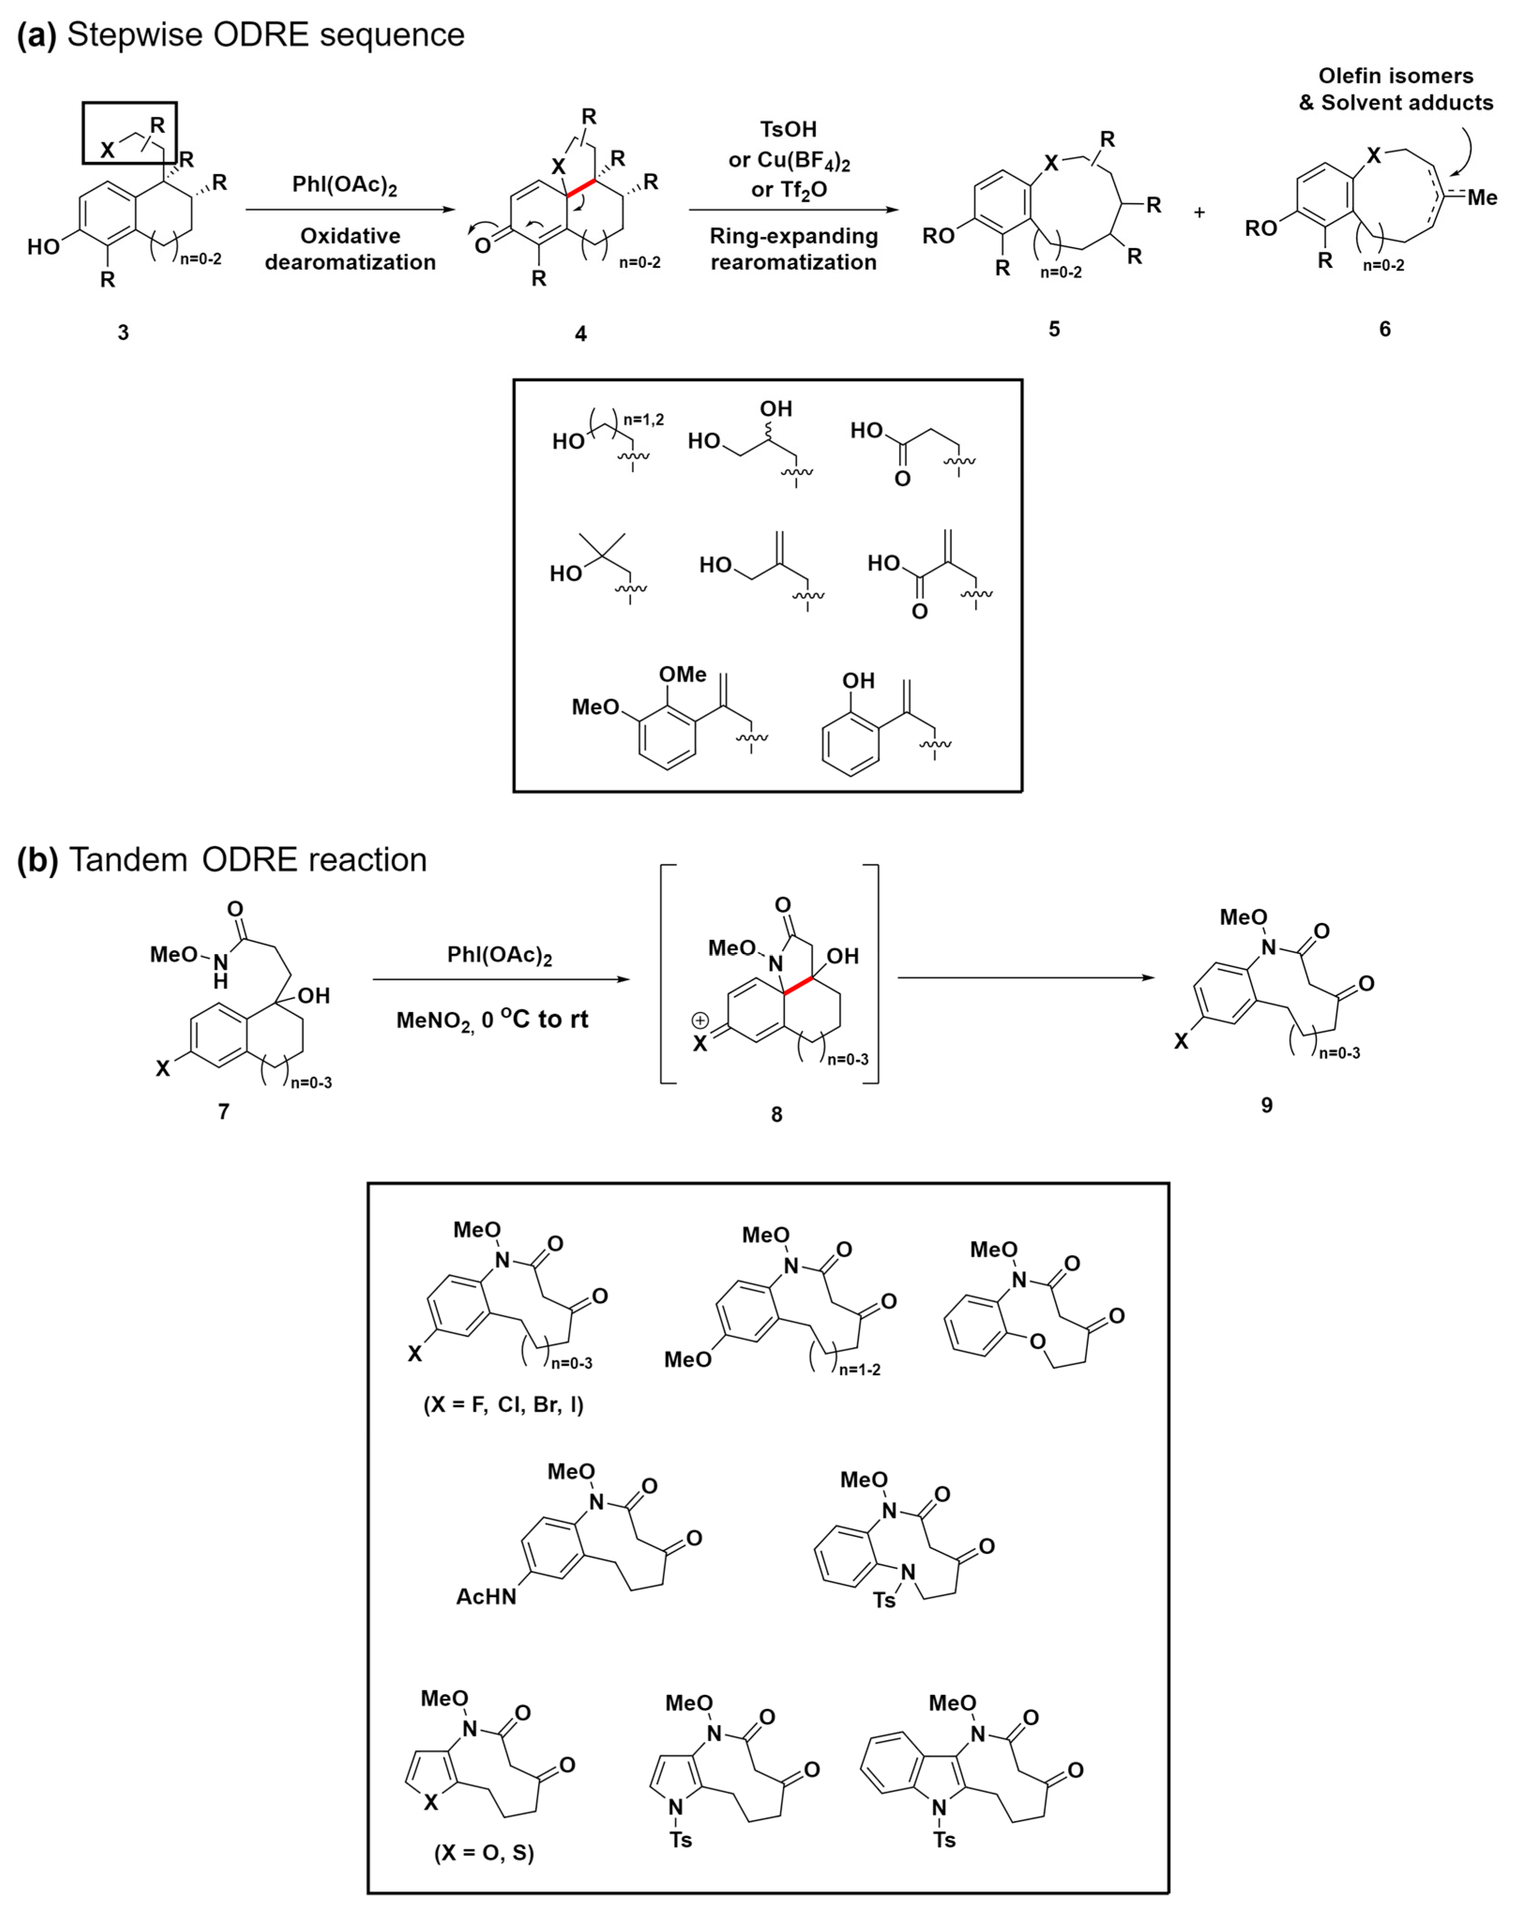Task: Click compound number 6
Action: [1384, 329]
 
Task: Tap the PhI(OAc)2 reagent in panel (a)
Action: [344, 186]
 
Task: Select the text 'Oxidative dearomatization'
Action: [350, 249]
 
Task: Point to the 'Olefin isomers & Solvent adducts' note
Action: [1396, 89]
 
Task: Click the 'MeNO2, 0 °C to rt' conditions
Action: [492, 1019]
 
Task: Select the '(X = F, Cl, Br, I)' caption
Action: [503, 1404]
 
